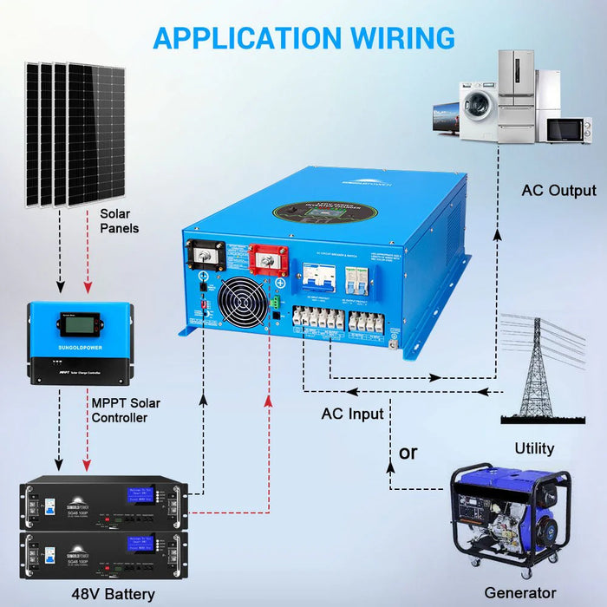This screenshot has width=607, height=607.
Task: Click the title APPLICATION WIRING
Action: pyautogui.click(x=303, y=38)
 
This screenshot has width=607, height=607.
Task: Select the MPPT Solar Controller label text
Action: pyautogui.click(x=125, y=410)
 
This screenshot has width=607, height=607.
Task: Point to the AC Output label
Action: pyautogui.click(x=558, y=191)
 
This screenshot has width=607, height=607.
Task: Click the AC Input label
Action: pyautogui.click(x=352, y=414)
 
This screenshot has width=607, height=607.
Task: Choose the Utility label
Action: pyautogui.click(x=533, y=449)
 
